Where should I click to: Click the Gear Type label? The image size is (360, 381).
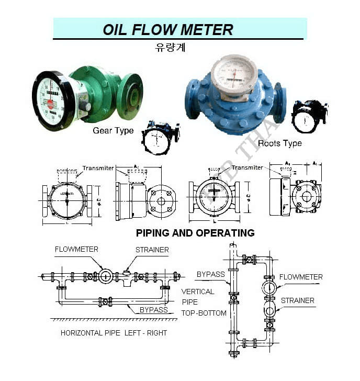click(x=113, y=130)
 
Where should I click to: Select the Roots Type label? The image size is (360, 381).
click(x=280, y=143)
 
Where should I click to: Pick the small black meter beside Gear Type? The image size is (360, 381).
click(x=160, y=138)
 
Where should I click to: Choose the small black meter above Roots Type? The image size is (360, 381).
click(x=309, y=116)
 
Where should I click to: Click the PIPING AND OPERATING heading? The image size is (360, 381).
click(x=195, y=232)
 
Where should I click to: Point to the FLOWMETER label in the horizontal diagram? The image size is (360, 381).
click(x=76, y=249)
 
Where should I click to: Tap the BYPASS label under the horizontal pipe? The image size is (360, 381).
click(x=153, y=310)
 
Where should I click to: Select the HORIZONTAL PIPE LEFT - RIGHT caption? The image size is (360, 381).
click(x=114, y=333)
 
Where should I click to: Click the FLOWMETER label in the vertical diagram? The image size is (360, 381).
click(x=301, y=277)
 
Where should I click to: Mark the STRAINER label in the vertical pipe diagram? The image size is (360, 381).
click(x=297, y=300)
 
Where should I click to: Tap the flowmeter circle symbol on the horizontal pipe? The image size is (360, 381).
click(x=106, y=276)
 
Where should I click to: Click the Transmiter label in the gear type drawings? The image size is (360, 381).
click(x=98, y=168)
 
